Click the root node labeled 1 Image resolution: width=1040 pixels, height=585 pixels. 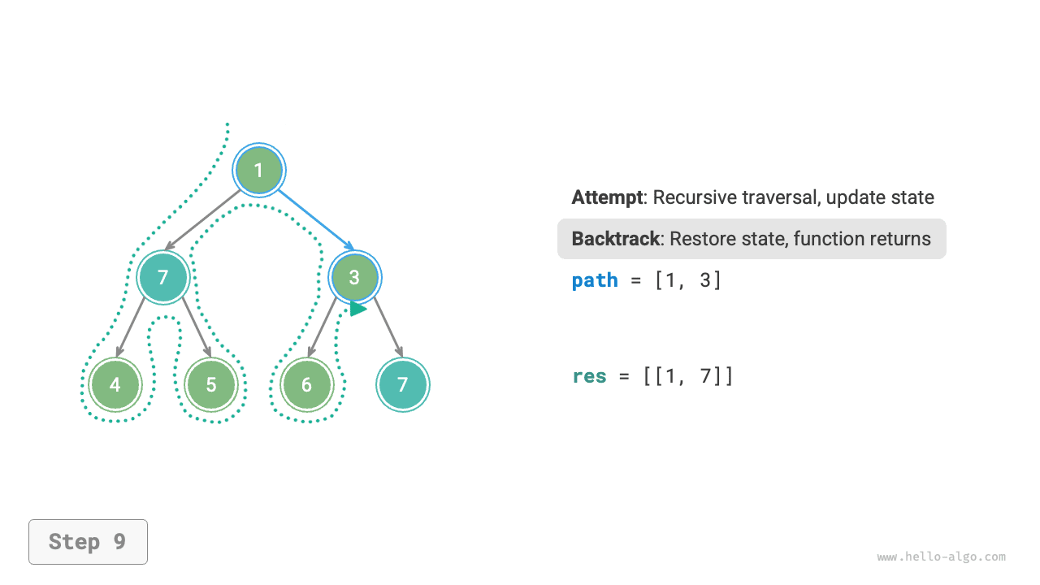[258, 171]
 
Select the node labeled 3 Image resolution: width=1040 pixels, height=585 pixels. [354, 277]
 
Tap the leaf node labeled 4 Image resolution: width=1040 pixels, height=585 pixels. [115, 384]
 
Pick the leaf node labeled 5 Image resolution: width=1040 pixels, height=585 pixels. [211, 384]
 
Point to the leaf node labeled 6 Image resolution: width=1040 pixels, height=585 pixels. [306, 384]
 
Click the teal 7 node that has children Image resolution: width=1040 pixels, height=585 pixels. [162, 277]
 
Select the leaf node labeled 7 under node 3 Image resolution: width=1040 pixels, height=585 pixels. [403, 384]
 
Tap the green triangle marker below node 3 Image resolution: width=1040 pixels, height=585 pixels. [357, 309]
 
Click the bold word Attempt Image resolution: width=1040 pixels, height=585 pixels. [607, 197]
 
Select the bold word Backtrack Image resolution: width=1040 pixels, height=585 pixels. [615, 239]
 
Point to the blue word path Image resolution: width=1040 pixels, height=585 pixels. [595, 280]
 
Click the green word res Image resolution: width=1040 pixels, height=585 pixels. [589, 376]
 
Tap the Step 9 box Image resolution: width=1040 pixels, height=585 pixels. [88, 542]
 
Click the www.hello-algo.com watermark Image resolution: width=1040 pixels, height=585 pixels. [941, 557]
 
